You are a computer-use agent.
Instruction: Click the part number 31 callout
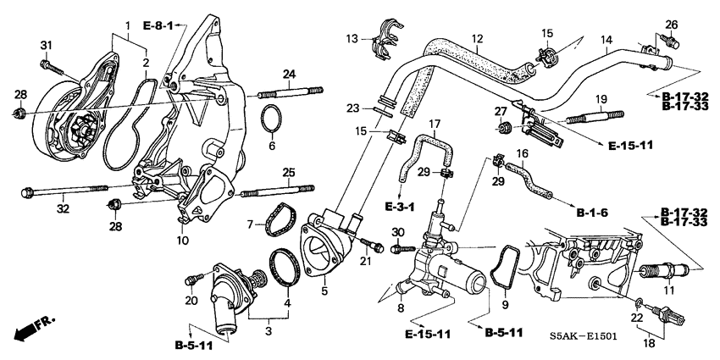[46, 45]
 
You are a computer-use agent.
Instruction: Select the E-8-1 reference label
[158, 27]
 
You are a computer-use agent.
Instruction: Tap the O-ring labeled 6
[270, 121]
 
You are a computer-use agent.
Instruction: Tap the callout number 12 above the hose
[477, 39]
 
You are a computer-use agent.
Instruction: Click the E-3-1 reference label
[395, 207]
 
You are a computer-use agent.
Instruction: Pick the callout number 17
[435, 124]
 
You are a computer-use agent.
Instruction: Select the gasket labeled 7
[275, 220]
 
